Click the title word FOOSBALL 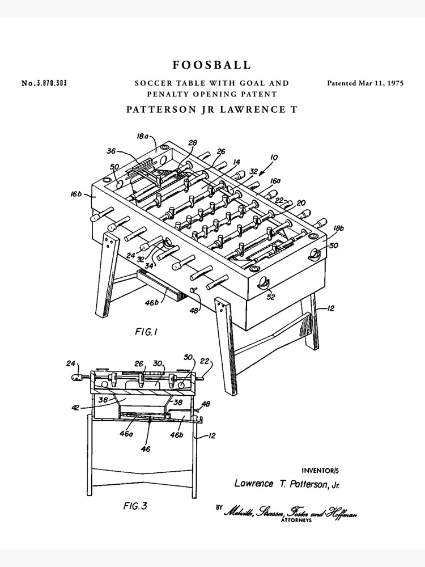click(211, 65)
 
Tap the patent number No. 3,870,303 click(44, 83)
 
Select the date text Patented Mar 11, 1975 click(365, 83)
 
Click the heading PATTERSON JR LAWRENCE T click(211, 109)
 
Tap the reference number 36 click(112, 151)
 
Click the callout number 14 click(236, 162)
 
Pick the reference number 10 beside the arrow click(274, 158)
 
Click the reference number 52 click(271, 296)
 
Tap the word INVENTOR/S click(321, 470)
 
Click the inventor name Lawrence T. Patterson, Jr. click(287, 484)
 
